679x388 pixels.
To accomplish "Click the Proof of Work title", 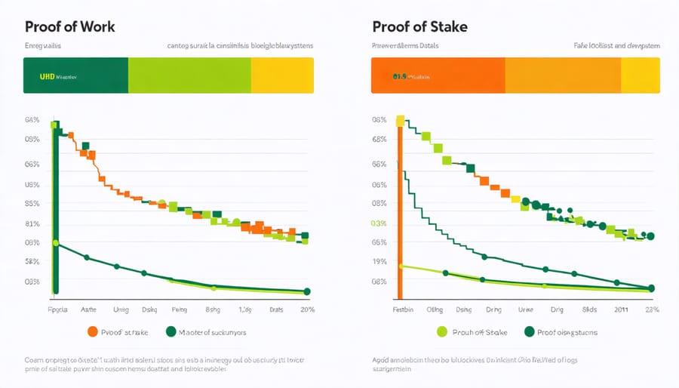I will (x=71, y=26).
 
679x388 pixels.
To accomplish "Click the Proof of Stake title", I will (x=419, y=26).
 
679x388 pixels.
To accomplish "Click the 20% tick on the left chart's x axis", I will (x=307, y=309).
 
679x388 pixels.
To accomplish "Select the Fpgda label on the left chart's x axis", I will (x=57, y=309).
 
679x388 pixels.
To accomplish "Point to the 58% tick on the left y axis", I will (x=32, y=262).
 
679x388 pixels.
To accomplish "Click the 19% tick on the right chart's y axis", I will (x=379, y=262).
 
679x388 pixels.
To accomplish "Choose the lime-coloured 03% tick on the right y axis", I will (x=379, y=223).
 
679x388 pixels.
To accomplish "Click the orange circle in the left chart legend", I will (x=93, y=331).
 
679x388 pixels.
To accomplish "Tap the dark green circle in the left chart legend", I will (x=171, y=331).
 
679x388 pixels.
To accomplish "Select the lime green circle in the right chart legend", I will (x=442, y=331).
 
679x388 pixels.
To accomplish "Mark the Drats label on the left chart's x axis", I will (x=276, y=309).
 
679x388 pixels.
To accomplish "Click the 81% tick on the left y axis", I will (x=32, y=223).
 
